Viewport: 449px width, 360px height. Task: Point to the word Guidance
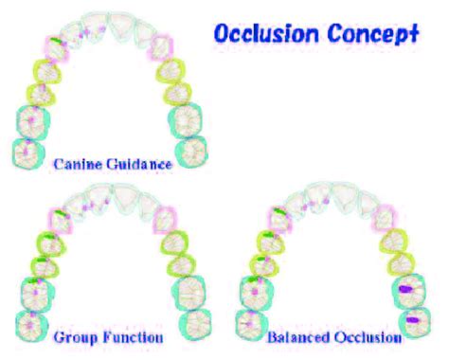(x=139, y=164)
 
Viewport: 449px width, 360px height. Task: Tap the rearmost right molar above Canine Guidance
(x=191, y=150)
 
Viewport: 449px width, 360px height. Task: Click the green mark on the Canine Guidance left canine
(x=57, y=42)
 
